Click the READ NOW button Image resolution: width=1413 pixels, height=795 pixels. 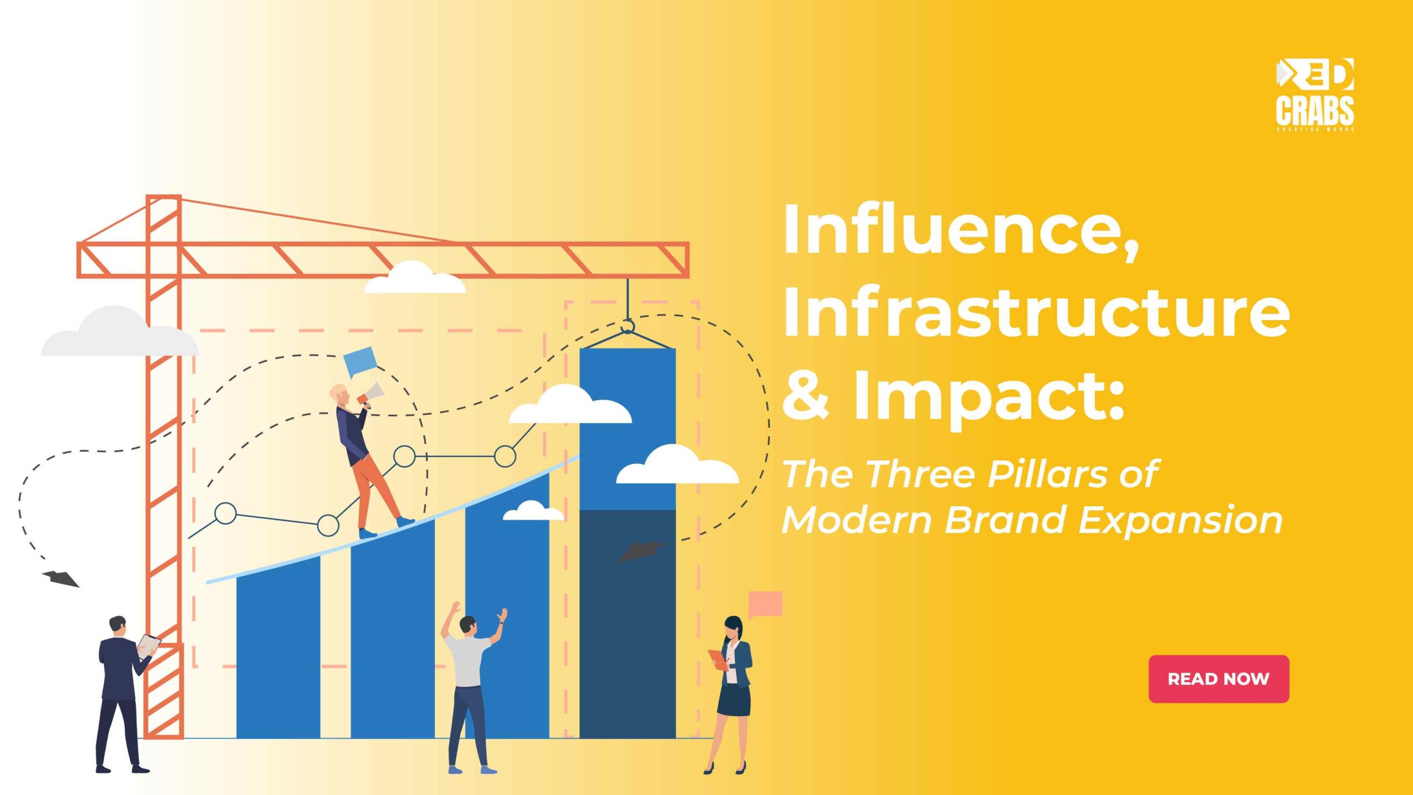[1218, 679]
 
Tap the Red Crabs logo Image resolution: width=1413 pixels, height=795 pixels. [1314, 94]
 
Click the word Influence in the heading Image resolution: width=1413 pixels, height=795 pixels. [960, 229]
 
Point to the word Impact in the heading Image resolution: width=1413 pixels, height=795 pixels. [988, 396]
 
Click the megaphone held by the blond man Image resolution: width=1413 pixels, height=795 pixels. [372, 393]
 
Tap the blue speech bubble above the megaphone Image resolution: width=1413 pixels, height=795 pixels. [359, 361]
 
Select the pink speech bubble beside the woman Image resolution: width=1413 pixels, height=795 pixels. [766, 603]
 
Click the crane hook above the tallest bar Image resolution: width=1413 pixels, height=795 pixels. [628, 326]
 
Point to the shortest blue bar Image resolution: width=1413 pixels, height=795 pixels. [278, 651]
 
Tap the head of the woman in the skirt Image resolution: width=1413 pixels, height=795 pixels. [733, 627]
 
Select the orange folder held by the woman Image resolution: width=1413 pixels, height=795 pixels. [718, 659]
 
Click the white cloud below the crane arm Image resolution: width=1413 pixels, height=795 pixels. [415, 279]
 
